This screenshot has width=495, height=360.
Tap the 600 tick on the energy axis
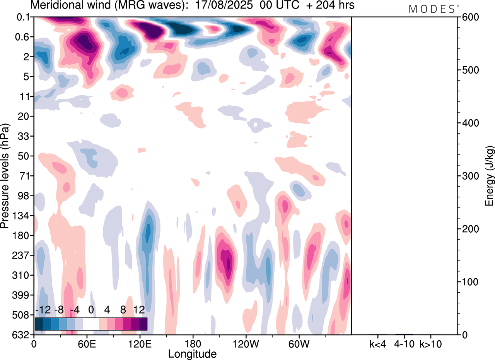pos(468,17)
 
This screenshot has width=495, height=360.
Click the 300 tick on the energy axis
pos(468,176)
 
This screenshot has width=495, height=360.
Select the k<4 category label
pos(378,344)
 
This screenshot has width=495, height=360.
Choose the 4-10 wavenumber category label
pos(405,344)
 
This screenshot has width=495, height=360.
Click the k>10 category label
pos(431,344)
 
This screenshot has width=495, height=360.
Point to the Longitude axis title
pos(192,353)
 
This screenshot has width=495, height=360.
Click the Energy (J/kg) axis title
pos(489,176)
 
